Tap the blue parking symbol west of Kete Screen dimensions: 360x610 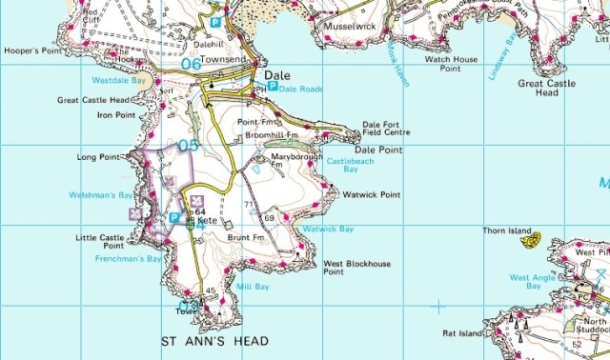[173, 218]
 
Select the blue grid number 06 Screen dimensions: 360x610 [191, 64]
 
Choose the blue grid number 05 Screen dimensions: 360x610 [187, 146]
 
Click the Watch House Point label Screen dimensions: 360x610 [450, 64]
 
